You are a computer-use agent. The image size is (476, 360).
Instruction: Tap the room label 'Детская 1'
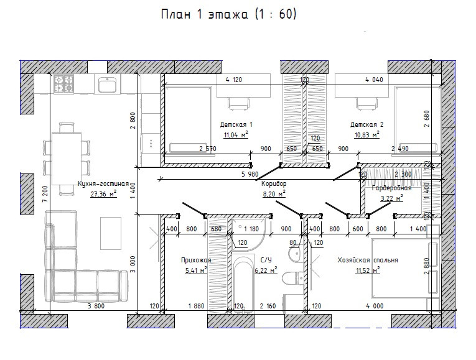pyautogui.click(x=236, y=124)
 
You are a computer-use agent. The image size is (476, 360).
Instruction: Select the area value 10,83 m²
pyautogui.click(x=365, y=135)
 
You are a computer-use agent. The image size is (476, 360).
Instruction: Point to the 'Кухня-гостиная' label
pyautogui.click(x=103, y=184)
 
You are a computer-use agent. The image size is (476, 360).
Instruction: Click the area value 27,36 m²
pyautogui.click(x=103, y=194)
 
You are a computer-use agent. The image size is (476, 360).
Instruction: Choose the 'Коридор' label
pyautogui.click(x=274, y=184)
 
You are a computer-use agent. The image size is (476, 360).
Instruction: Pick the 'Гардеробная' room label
pyautogui.click(x=391, y=188)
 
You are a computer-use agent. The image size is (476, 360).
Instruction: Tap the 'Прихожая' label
pyautogui.click(x=196, y=261)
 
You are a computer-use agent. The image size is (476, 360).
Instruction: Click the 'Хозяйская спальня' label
pyautogui.click(x=368, y=261)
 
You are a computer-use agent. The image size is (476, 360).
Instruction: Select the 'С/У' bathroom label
pyautogui.click(x=266, y=261)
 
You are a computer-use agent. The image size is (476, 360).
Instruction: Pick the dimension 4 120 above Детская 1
pyautogui.click(x=233, y=80)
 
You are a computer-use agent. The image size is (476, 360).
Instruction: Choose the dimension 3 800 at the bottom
pyautogui.click(x=95, y=306)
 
